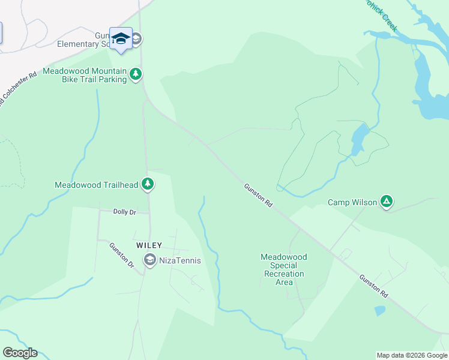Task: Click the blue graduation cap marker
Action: [121, 38]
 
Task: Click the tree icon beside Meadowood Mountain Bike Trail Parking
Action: [136, 74]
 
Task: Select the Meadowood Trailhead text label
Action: [97, 185]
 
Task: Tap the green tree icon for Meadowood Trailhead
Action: [148, 185]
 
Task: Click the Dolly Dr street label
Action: [125, 212]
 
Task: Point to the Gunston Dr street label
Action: [121, 254]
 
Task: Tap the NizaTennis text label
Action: [179, 260]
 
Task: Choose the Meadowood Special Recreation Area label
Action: [284, 269]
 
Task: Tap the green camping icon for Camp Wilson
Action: [388, 202]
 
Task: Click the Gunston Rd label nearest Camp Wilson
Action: [259, 196]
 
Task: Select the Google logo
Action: [20, 353]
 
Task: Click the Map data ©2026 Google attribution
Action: [412, 355]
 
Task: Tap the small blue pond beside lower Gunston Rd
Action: [379, 311]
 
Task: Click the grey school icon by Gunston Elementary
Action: [136, 40]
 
